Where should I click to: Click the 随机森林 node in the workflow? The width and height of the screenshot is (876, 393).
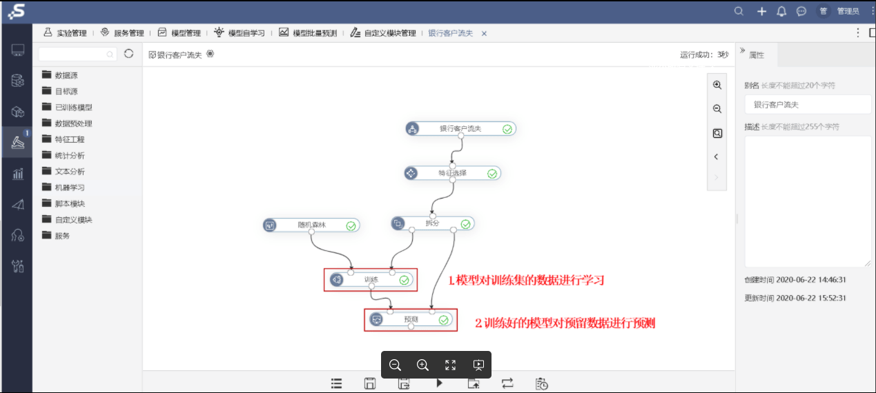(x=311, y=225)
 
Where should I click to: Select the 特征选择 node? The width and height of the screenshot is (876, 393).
(x=452, y=173)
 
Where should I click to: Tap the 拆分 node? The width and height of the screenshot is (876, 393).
(x=433, y=223)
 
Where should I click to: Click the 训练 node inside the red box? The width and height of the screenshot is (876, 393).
(x=371, y=280)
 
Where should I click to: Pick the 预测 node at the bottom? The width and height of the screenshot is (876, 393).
(x=411, y=319)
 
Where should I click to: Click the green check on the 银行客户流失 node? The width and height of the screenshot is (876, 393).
(x=507, y=129)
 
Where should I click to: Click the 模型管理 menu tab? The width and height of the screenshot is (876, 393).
(x=179, y=33)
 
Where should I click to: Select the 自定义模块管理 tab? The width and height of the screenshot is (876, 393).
(x=383, y=33)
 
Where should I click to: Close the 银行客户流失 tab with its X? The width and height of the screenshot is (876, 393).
(x=484, y=34)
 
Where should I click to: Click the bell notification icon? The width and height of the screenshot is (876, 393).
(x=781, y=11)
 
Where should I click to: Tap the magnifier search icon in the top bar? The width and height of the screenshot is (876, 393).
(x=739, y=11)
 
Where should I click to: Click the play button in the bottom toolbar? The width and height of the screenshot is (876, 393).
(x=440, y=383)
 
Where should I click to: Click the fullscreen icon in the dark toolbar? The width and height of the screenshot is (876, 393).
(x=450, y=365)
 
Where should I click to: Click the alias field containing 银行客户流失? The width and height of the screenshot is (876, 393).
(x=808, y=105)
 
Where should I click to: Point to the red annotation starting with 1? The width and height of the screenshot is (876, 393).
(x=526, y=280)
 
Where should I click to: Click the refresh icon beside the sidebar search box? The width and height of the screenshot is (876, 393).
(x=128, y=54)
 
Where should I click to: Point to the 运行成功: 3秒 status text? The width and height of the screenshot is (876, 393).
(x=704, y=54)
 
